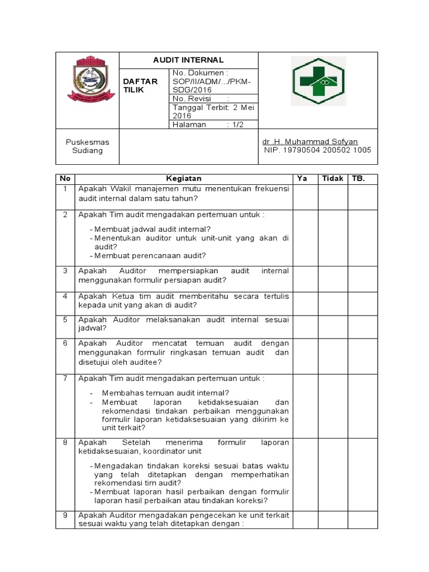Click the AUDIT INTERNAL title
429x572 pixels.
click(x=188, y=60)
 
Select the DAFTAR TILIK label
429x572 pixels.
click(x=141, y=85)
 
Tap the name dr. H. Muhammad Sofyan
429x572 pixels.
click(x=310, y=142)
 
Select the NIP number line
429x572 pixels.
click(x=317, y=150)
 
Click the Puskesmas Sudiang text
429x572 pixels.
click(x=88, y=146)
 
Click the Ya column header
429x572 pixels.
click(x=302, y=179)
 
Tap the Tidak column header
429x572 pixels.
click(x=332, y=179)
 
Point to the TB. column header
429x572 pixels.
click(x=357, y=179)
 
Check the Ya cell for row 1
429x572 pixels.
click(x=305, y=196)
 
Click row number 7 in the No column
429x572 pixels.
click(x=65, y=379)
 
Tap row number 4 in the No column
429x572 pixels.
click(x=65, y=296)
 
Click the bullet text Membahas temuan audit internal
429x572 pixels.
click(x=165, y=393)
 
